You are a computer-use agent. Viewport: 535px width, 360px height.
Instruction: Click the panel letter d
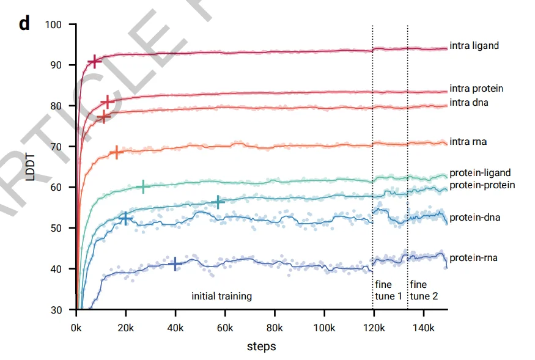pos(24,24)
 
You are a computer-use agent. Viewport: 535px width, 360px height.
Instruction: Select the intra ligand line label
pos(474,45)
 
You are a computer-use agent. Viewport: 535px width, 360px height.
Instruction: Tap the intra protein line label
pos(476,89)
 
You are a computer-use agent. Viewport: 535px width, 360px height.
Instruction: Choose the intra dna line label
pos(469,103)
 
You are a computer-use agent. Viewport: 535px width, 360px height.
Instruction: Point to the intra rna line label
pos(468,142)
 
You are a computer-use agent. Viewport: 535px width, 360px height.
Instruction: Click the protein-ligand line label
pos(480,173)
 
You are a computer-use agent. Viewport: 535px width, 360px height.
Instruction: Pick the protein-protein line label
pos(482,185)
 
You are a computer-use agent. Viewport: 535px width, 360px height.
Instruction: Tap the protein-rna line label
pos(473,258)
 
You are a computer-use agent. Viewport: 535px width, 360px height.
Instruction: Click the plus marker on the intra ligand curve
pos(94,61)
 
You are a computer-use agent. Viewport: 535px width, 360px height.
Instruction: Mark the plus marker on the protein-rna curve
pos(175,263)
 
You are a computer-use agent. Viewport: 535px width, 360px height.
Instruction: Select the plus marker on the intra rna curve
pos(116,152)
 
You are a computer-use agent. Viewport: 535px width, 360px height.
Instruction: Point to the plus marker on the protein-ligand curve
pos(143,186)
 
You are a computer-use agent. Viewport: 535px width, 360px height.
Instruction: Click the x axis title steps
pos(261,347)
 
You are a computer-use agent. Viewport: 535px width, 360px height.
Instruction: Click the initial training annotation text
pos(222,296)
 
